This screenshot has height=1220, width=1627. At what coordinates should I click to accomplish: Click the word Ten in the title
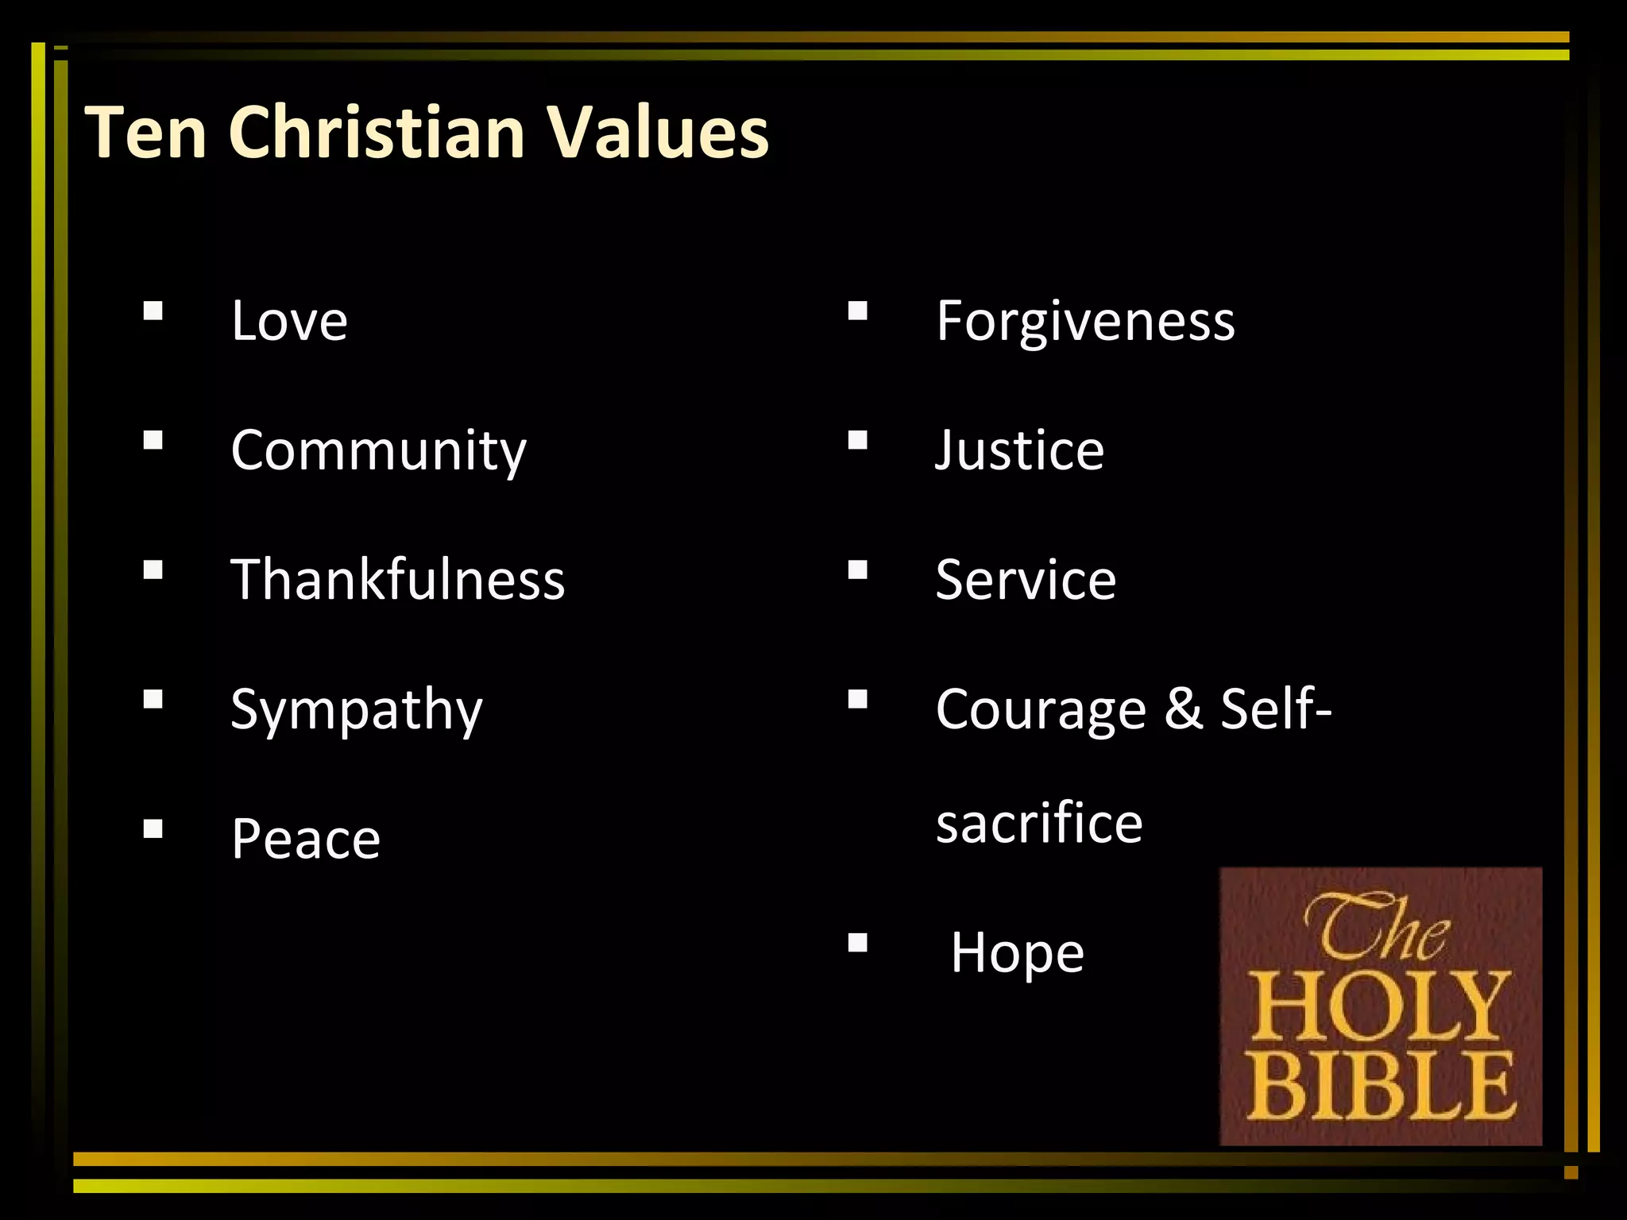coord(146,132)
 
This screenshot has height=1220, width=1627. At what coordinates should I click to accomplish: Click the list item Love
coord(289,321)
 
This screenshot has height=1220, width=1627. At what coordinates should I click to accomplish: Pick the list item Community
coord(378,451)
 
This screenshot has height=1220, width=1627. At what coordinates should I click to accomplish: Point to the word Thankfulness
coord(397,580)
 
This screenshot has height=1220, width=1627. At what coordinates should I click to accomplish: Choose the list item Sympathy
coord(356,710)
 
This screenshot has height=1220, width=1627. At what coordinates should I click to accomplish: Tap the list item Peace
coord(306,839)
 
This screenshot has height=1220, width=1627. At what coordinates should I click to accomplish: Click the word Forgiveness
coord(1085,321)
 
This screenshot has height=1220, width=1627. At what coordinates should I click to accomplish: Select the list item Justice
coord(1019,450)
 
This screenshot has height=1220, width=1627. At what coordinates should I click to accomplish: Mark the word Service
coord(1026,580)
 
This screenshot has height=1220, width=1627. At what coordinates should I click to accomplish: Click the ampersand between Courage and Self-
coord(1183,708)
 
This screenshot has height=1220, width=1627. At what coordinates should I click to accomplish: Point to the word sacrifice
coord(1039,823)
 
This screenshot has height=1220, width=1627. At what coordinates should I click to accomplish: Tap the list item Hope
coord(1017,952)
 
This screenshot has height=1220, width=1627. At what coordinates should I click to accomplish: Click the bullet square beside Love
coord(153,310)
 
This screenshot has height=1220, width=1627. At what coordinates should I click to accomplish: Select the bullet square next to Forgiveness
coord(857,310)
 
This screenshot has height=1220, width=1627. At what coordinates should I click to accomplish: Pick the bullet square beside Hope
coord(857,943)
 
